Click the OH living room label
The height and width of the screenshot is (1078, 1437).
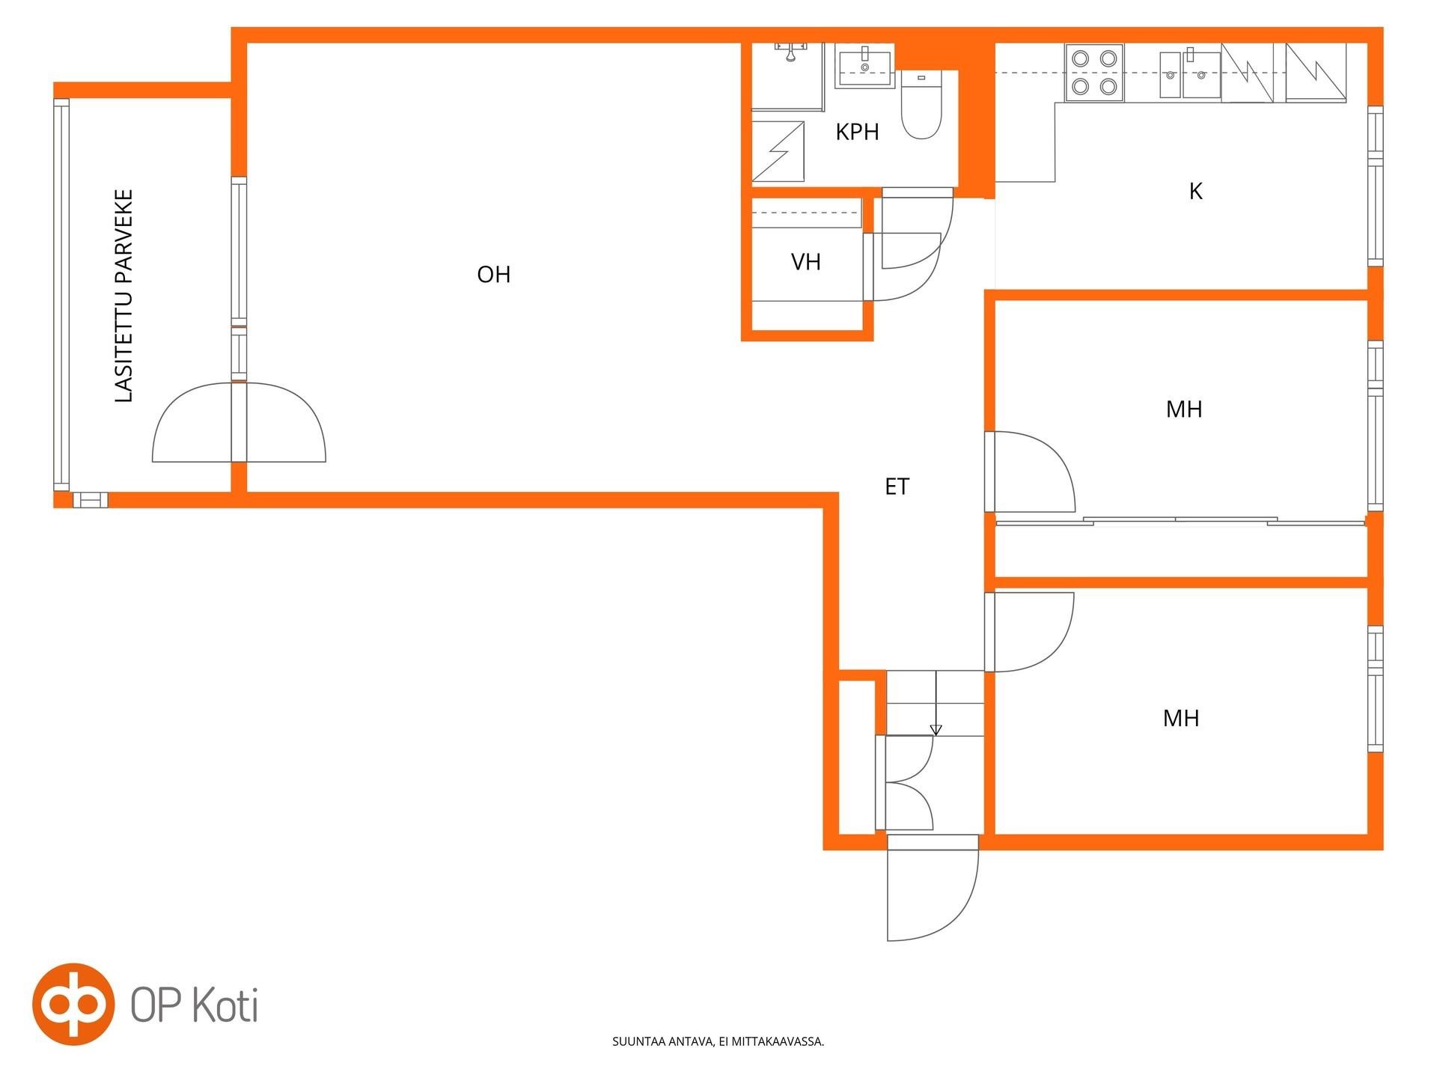494,275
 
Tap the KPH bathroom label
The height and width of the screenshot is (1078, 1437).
857,132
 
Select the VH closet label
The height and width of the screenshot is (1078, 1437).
806,262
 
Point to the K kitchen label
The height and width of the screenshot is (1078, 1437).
1195,192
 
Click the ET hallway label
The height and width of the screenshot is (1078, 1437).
897,487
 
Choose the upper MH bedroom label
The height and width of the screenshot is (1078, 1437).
1184,409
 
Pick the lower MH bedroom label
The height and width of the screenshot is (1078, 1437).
1181,719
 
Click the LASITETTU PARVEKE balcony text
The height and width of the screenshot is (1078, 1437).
123,296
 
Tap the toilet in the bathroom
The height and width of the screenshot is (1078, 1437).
921,105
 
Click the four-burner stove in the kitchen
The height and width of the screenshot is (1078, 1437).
1094,73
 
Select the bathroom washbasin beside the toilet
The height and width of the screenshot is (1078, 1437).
865,67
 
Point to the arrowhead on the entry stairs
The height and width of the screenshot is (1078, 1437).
936,730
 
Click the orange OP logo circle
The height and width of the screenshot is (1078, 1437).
73,1004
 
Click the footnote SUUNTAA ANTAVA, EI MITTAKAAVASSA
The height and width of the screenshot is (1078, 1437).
718,1041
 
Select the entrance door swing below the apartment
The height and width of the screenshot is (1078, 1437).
933,888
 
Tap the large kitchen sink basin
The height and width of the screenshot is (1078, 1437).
1201,75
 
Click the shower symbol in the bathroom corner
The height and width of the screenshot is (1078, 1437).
778,152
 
